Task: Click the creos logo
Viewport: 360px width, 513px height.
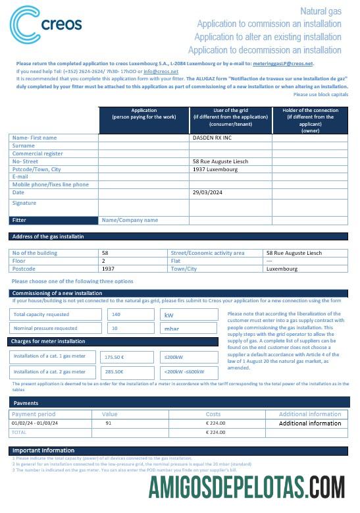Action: [x=45, y=24]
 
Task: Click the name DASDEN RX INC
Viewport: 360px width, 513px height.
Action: [x=212, y=138]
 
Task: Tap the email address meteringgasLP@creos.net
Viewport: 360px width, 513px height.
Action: [x=285, y=64]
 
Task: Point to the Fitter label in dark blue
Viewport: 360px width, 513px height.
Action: [x=20, y=220]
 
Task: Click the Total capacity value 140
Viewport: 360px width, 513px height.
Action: [x=116, y=314]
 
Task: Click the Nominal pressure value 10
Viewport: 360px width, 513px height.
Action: [x=115, y=327]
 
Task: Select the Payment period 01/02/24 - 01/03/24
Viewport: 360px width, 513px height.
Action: [x=34, y=423]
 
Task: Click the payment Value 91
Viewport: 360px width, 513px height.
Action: [x=109, y=423]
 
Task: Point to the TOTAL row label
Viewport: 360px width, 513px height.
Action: [x=20, y=432]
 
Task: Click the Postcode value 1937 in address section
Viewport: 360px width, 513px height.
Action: [x=108, y=269]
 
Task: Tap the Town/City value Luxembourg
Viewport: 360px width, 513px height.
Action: [x=282, y=269]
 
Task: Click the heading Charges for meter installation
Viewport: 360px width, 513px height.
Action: [x=48, y=341]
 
